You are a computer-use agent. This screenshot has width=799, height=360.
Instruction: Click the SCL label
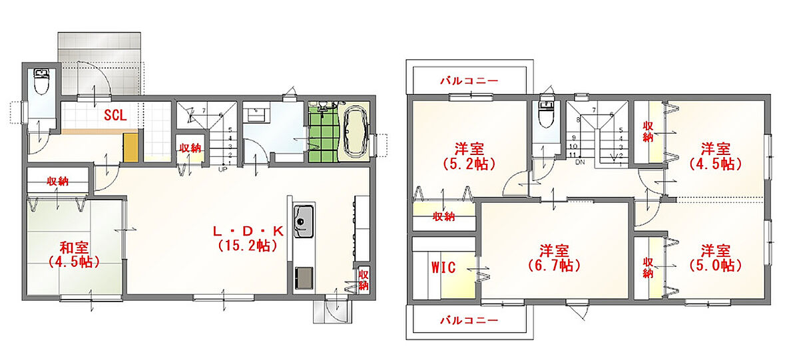point(115,115)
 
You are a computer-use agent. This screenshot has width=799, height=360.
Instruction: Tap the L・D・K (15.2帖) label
point(248,238)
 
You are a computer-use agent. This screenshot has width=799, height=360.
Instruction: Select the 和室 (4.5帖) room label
point(74,255)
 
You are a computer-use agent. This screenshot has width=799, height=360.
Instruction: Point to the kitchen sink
point(304,222)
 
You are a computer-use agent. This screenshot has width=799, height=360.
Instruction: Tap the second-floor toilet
point(546,113)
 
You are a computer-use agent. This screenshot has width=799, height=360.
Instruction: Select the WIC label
point(443,268)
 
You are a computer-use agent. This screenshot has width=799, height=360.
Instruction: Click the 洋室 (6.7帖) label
point(553,258)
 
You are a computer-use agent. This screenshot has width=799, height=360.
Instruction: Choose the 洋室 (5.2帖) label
point(469,156)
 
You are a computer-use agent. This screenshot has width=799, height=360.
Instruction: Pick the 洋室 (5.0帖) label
point(716,258)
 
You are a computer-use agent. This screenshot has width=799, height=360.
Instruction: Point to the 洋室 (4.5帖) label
point(716,156)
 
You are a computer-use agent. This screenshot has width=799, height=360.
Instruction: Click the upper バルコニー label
point(469,81)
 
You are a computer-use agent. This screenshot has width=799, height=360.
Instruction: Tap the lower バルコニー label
point(469,320)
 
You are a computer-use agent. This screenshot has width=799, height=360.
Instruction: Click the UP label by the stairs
point(222,169)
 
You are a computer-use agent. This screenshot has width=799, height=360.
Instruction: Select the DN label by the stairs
point(580,162)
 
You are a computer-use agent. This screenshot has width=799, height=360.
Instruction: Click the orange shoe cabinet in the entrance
point(131,147)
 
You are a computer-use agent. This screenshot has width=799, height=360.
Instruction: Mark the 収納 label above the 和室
point(57,182)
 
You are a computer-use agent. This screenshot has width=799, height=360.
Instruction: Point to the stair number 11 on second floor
point(573,155)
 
